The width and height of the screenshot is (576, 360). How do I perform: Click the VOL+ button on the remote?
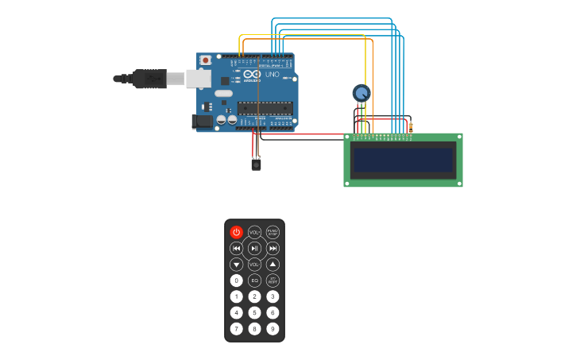click(x=254, y=232)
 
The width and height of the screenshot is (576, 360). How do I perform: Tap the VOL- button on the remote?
click(x=254, y=264)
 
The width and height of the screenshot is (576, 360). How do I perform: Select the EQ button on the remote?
click(x=254, y=281)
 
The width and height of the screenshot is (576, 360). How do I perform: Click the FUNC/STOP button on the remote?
click(x=273, y=232)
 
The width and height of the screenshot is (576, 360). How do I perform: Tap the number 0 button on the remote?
click(x=236, y=281)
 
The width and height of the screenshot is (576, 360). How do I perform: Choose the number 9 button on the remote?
click(x=273, y=328)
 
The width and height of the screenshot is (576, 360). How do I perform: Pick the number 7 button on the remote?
click(x=236, y=328)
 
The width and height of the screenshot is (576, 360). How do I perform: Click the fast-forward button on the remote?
click(x=273, y=248)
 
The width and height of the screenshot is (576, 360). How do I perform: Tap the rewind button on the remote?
click(x=236, y=248)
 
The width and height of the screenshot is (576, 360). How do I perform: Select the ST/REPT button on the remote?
click(x=273, y=281)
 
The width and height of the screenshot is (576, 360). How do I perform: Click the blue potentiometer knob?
click(x=361, y=93)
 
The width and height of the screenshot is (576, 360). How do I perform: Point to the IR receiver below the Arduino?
click(x=256, y=165)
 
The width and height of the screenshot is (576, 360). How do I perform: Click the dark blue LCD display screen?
click(x=404, y=160)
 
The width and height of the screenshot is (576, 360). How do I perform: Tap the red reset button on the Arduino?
click(x=206, y=60)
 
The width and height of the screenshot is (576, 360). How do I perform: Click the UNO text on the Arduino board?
click(x=272, y=74)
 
